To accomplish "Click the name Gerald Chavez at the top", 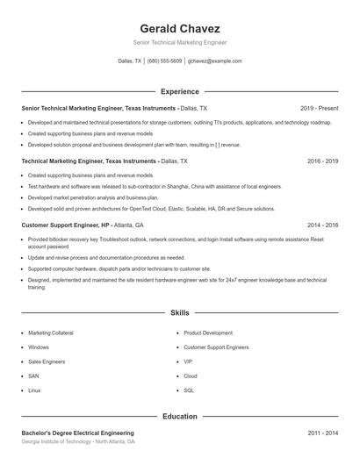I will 179,28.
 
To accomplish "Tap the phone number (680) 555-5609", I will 165,61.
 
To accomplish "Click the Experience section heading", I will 179,91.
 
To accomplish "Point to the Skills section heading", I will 179,312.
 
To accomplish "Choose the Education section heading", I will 179,417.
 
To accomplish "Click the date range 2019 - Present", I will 319,108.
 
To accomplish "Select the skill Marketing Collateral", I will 51,333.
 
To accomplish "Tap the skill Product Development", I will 208,333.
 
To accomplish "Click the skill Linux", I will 34,390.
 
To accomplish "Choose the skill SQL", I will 189,390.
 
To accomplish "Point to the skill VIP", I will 188,361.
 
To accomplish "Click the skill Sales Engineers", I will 46,361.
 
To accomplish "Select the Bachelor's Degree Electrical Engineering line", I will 78,433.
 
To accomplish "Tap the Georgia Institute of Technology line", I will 78,442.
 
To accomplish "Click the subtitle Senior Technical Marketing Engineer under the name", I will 179,42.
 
